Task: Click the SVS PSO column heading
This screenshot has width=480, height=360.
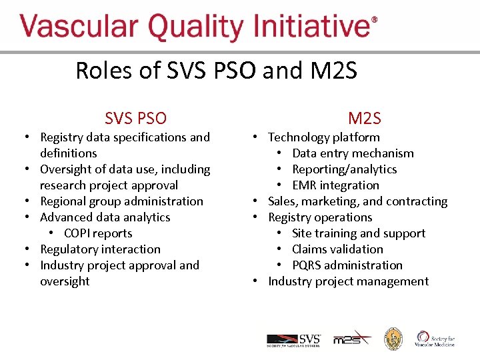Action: [x=135, y=119]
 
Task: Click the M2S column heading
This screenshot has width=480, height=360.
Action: [x=364, y=119]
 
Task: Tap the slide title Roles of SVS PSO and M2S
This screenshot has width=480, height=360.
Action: [x=216, y=70]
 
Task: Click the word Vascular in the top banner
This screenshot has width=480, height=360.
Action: [x=79, y=28]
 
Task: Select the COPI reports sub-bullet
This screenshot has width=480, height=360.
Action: [x=98, y=233]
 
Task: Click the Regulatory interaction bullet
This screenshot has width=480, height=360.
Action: [x=100, y=249]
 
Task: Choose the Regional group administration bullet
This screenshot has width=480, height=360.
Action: [x=121, y=201]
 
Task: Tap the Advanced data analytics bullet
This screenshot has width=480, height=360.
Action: [x=105, y=217]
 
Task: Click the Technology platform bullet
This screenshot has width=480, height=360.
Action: [x=323, y=137]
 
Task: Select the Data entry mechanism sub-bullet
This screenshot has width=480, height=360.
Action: [x=353, y=153]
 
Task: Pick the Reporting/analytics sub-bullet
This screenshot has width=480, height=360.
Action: [x=344, y=169]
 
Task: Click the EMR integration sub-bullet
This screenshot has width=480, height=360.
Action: [x=335, y=185]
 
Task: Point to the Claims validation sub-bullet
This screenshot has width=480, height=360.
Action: [x=337, y=249]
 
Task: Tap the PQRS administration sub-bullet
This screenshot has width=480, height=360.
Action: [x=347, y=265]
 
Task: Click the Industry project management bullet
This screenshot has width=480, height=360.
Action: [x=348, y=281]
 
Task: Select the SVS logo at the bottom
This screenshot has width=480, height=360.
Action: [x=293, y=339]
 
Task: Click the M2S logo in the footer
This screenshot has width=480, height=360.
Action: [x=352, y=338]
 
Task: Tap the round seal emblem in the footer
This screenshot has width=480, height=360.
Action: [x=393, y=339]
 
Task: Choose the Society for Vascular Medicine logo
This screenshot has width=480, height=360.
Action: [x=435, y=339]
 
